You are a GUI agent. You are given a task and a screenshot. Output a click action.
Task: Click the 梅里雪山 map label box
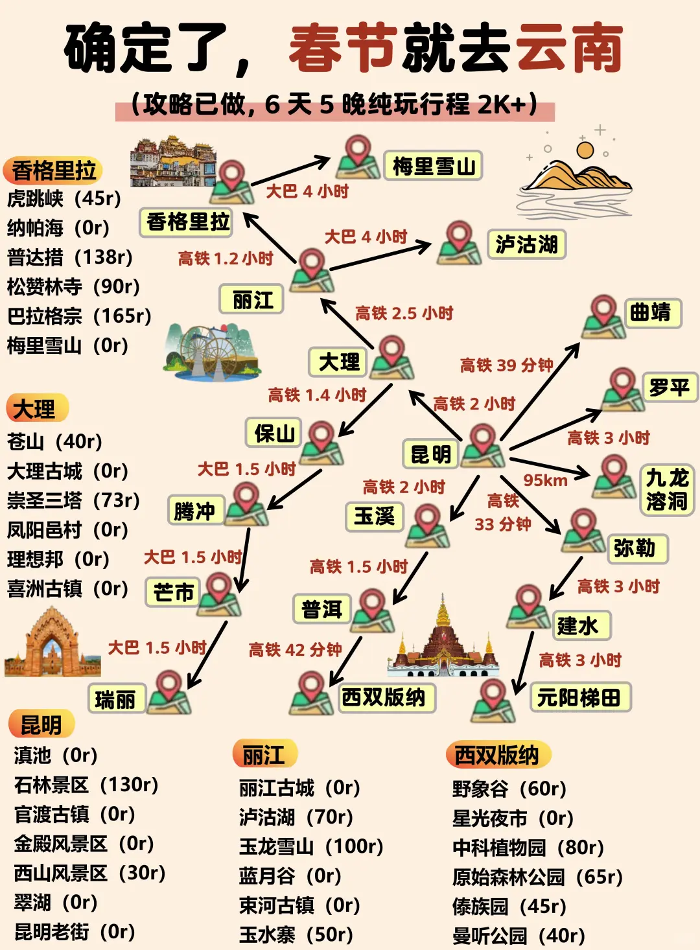(x=433, y=167)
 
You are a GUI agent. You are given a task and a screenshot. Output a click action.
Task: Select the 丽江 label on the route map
(x=251, y=300)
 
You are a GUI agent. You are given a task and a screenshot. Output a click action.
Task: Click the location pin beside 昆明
(x=483, y=445)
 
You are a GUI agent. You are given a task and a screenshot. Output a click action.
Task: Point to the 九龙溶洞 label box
(x=666, y=489)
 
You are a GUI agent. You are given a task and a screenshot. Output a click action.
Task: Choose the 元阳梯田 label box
(x=579, y=698)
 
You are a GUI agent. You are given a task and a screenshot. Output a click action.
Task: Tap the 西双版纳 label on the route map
(x=384, y=697)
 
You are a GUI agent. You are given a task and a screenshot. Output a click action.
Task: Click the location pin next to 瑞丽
(x=169, y=692)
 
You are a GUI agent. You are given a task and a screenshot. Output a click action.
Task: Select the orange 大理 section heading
(x=36, y=409)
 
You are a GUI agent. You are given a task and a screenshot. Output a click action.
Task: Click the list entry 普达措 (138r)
(x=70, y=257)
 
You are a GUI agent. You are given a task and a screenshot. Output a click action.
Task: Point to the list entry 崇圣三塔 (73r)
(x=73, y=500)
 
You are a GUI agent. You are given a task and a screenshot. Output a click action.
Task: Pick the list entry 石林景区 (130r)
(x=86, y=785)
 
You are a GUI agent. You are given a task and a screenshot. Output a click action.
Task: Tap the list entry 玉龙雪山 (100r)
(x=311, y=846)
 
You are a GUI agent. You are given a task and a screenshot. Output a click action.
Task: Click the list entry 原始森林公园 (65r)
(x=537, y=877)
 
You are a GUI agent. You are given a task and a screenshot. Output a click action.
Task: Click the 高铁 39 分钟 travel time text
(x=506, y=365)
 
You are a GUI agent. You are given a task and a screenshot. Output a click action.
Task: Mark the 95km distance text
(x=545, y=480)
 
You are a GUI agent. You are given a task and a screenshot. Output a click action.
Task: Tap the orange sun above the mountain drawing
(x=585, y=150)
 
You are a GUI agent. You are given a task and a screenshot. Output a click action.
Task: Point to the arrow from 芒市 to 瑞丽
(x=207, y=655)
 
